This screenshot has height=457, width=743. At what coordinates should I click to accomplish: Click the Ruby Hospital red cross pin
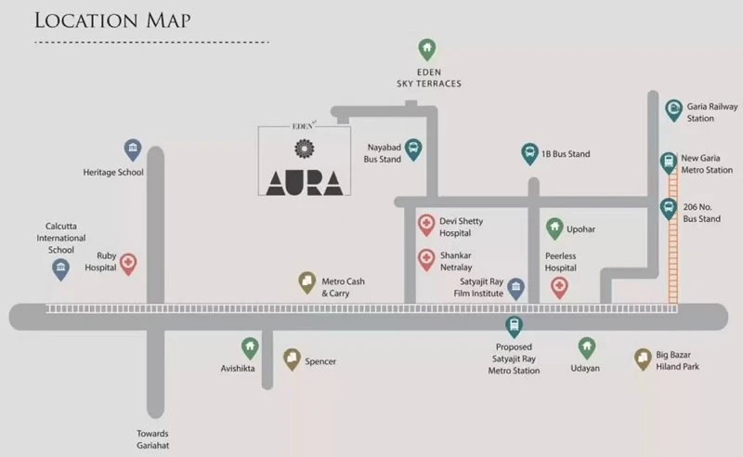point(128,264)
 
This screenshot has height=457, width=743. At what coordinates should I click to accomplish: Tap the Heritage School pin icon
point(133,150)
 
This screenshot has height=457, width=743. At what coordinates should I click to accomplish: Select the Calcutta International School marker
point(60,269)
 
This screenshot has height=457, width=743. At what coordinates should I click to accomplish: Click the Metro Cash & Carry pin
point(307,282)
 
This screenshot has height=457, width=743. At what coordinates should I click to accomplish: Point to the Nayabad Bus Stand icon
point(413,150)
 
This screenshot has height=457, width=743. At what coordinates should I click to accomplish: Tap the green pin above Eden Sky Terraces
point(427,50)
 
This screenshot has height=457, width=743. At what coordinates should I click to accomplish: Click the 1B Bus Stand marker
point(529,153)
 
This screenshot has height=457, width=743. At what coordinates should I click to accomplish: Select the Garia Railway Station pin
point(674,111)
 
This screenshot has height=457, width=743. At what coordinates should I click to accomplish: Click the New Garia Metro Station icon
point(668,163)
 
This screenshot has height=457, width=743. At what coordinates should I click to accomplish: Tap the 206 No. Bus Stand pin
point(668,209)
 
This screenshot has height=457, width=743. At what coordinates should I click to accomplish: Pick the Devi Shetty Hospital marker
point(426,225)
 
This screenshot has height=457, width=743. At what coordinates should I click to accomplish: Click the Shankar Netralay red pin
point(426,260)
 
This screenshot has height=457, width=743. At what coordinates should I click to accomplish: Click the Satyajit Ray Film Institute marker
point(516,288)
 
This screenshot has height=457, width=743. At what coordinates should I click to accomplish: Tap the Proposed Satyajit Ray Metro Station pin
point(514,327)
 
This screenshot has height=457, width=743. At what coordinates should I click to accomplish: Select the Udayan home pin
point(587,348)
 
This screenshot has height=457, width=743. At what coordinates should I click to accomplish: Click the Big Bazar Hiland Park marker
point(643,359)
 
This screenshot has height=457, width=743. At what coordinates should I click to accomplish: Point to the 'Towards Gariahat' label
point(152,439)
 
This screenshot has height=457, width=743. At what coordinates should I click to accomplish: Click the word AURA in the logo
point(305,183)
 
